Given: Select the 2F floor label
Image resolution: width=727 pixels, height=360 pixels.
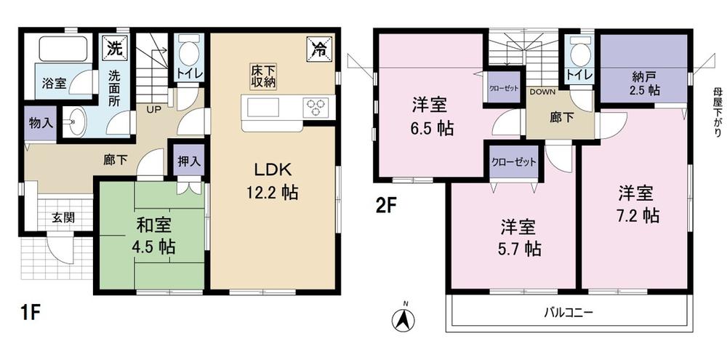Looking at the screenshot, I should tap(385, 206).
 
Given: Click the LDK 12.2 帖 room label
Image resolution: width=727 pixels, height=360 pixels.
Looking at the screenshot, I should tap(273, 181).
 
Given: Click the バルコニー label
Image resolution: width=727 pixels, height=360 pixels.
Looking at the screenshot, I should tap(569, 313).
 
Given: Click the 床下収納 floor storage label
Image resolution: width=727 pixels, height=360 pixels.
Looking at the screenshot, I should tap(264, 76).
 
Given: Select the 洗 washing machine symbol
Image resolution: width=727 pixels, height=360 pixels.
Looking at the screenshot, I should tap(115, 49).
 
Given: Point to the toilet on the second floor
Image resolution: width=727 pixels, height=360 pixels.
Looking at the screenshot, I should tap(580, 52).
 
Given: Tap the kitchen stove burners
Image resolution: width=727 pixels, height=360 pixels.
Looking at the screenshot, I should tap(316, 108).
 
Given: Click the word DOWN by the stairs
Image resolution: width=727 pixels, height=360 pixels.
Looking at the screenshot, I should tap(542, 92).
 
